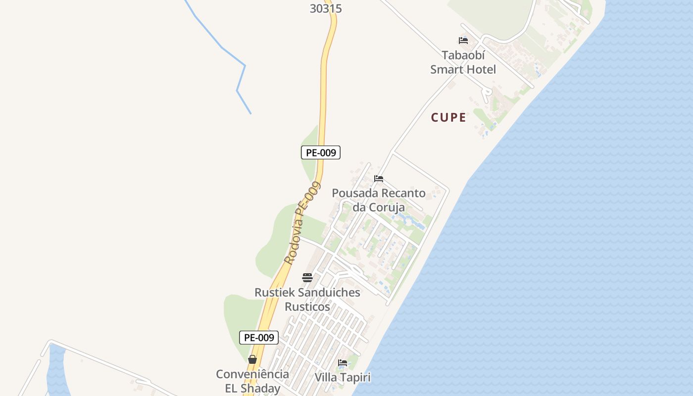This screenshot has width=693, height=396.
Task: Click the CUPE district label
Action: coord(448,118)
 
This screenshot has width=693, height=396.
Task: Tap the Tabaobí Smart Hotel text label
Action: coord(463,62)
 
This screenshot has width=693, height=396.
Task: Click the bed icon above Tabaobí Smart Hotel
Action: coord(463,41)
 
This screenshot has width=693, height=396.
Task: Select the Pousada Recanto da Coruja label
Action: coord(379,200)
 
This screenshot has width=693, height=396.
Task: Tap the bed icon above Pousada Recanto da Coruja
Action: coord(379,179)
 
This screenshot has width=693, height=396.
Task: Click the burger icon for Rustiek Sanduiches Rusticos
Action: coord(307,278)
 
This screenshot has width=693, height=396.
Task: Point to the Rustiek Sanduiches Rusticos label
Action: coord(307,299)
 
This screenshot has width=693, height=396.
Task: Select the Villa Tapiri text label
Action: coord(343,377)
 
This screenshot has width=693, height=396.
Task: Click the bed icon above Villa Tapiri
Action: coord(343,363)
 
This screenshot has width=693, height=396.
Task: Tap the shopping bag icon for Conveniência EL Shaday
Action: coord(252,359)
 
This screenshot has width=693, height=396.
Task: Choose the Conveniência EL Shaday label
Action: coord(252,381)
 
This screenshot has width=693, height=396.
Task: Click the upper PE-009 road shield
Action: coord(321,152)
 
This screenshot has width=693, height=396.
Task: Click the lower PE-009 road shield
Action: coord(259,338)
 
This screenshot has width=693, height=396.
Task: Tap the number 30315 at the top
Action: coord(326,8)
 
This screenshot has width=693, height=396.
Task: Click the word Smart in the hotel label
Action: coord(448,69)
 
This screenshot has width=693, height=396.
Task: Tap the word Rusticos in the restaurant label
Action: coord(307,307)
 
